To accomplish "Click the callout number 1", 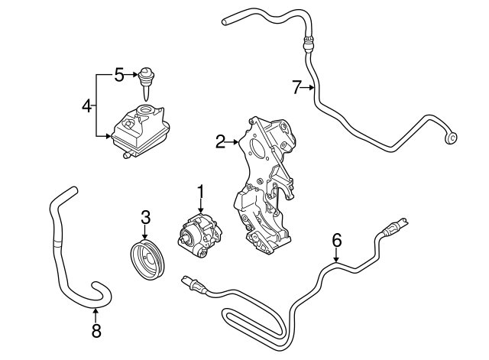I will tap(200, 191).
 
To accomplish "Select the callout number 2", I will tap(220, 141).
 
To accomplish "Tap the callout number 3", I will tap(145, 219).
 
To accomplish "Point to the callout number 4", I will tap(87, 105).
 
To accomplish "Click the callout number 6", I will tap(335, 239).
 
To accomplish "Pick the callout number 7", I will tap(297, 88).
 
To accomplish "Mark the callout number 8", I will tap(95, 331).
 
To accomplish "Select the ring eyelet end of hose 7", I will tap(452, 138).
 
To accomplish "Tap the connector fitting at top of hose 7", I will tap(308, 42).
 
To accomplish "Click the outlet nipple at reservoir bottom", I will tap(123, 155).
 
